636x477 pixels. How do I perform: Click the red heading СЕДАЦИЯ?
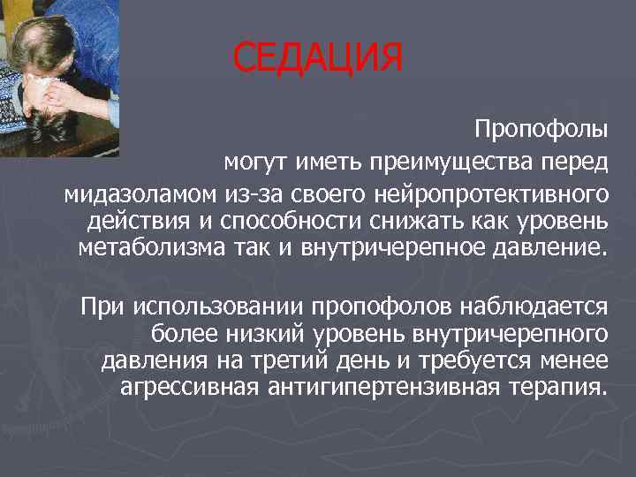click(x=318, y=59)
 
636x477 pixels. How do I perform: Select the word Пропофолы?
click(x=541, y=130)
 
